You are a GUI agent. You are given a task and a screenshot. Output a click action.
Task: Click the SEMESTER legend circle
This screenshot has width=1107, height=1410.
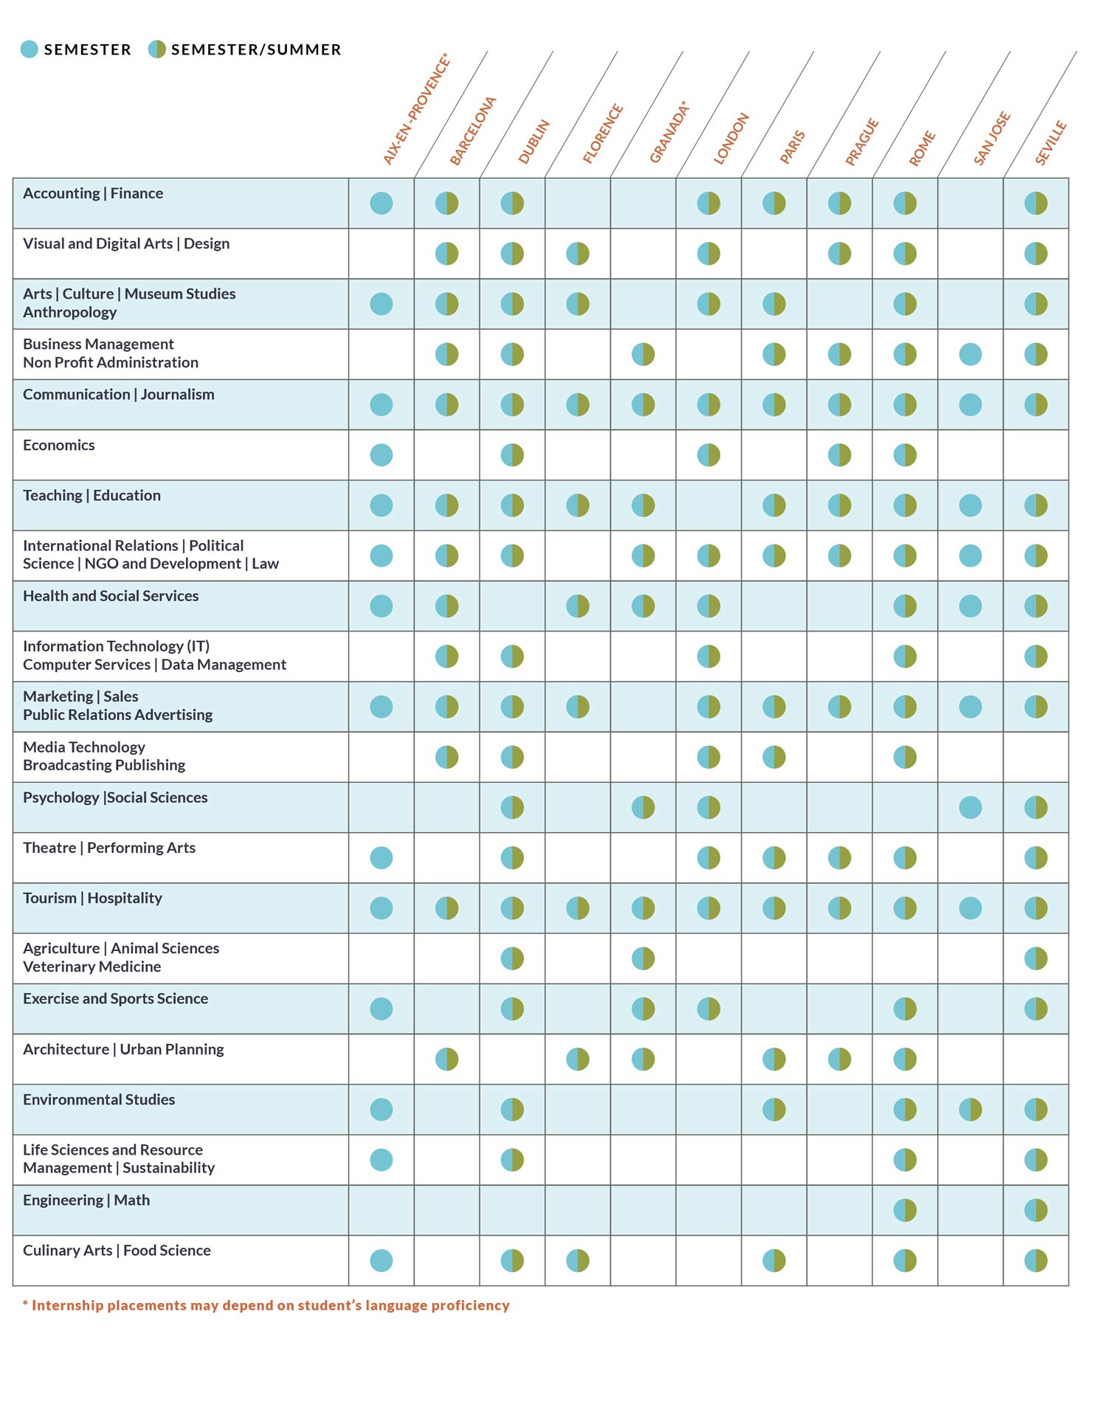pyautogui.click(x=30, y=49)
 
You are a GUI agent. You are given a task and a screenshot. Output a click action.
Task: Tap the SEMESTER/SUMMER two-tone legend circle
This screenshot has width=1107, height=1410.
pyautogui.click(x=156, y=49)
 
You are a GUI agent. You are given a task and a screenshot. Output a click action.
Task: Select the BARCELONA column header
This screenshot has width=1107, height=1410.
pyautogui.click(x=473, y=131)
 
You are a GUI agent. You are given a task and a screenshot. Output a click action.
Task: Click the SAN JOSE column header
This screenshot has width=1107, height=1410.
pyautogui.click(x=991, y=138)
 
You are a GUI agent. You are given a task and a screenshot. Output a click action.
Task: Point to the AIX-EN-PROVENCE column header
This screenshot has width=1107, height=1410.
pyautogui.click(x=416, y=108)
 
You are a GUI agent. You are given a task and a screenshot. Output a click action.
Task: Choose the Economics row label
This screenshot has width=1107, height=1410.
pyautogui.click(x=59, y=445)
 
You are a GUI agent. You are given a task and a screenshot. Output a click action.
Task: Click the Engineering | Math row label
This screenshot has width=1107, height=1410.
pyautogui.click(x=86, y=1200)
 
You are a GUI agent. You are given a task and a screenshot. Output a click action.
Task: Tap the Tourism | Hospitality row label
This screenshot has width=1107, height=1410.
pyautogui.click(x=92, y=898)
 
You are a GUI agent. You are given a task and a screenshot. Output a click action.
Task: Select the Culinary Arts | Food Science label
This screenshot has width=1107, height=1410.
pyautogui.click(x=117, y=1250)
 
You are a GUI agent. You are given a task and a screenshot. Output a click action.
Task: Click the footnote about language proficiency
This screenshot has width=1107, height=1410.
pyautogui.click(x=266, y=1305)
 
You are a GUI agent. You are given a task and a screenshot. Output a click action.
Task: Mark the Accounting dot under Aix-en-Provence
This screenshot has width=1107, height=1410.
pyautogui.click(x=382, y=203)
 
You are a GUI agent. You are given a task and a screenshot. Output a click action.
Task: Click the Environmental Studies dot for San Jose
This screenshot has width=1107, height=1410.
pyautogui.click(x=970, y=1109)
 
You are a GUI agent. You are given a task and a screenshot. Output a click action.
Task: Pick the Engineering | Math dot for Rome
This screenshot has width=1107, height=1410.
pyautogui.click(x=905, y=1210)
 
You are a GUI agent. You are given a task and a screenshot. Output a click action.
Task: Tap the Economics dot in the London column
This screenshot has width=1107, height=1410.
pyautogui.click(x=708, y=455)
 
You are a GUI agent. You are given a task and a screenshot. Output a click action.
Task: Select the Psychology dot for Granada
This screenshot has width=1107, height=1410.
pyautogui.click(x=643, y=807)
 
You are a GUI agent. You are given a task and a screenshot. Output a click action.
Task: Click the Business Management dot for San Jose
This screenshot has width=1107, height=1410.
pyautogui.click(x=970, y=354)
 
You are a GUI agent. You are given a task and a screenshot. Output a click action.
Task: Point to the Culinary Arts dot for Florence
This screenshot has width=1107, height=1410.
pyautogui.click(x=578, y=1260)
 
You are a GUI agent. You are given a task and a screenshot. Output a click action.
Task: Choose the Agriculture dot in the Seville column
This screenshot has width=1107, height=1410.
pyautogui.click(x=1035, y=958)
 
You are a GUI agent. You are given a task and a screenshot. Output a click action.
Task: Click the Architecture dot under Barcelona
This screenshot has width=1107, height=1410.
pyautogui.click(x=446, y=1059)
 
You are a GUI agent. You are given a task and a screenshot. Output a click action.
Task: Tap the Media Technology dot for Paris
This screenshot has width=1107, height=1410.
pyautogui.click(x=774, y=757)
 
